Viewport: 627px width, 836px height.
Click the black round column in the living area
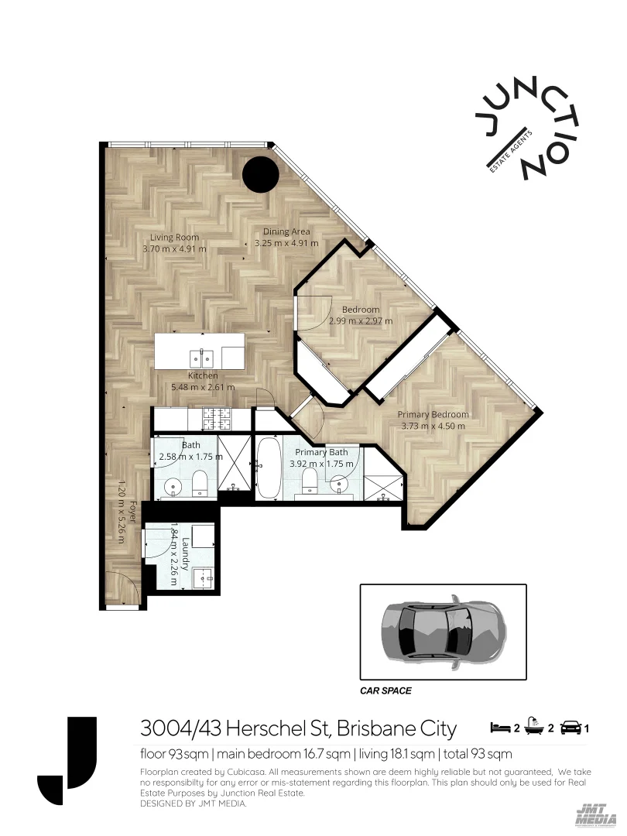[x=260, y=175]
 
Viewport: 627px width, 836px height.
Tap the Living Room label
[x=174, y=238]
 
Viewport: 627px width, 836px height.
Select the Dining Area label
[x=286, y=231]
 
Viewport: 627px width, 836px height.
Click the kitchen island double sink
[x=202, y=358]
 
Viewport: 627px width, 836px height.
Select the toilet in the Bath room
[x=200, y=482]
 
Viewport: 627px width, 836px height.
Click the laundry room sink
[x=204, y=577]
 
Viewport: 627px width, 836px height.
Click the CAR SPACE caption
[x=385, y=690]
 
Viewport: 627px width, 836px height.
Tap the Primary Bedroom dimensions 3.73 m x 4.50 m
[x=433, y=426]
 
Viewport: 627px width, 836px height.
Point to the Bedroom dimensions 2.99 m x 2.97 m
[x=361, y=320]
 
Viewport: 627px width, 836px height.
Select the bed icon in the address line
[x=499, y=728]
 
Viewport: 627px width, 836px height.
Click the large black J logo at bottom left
[x=68, y=763]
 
